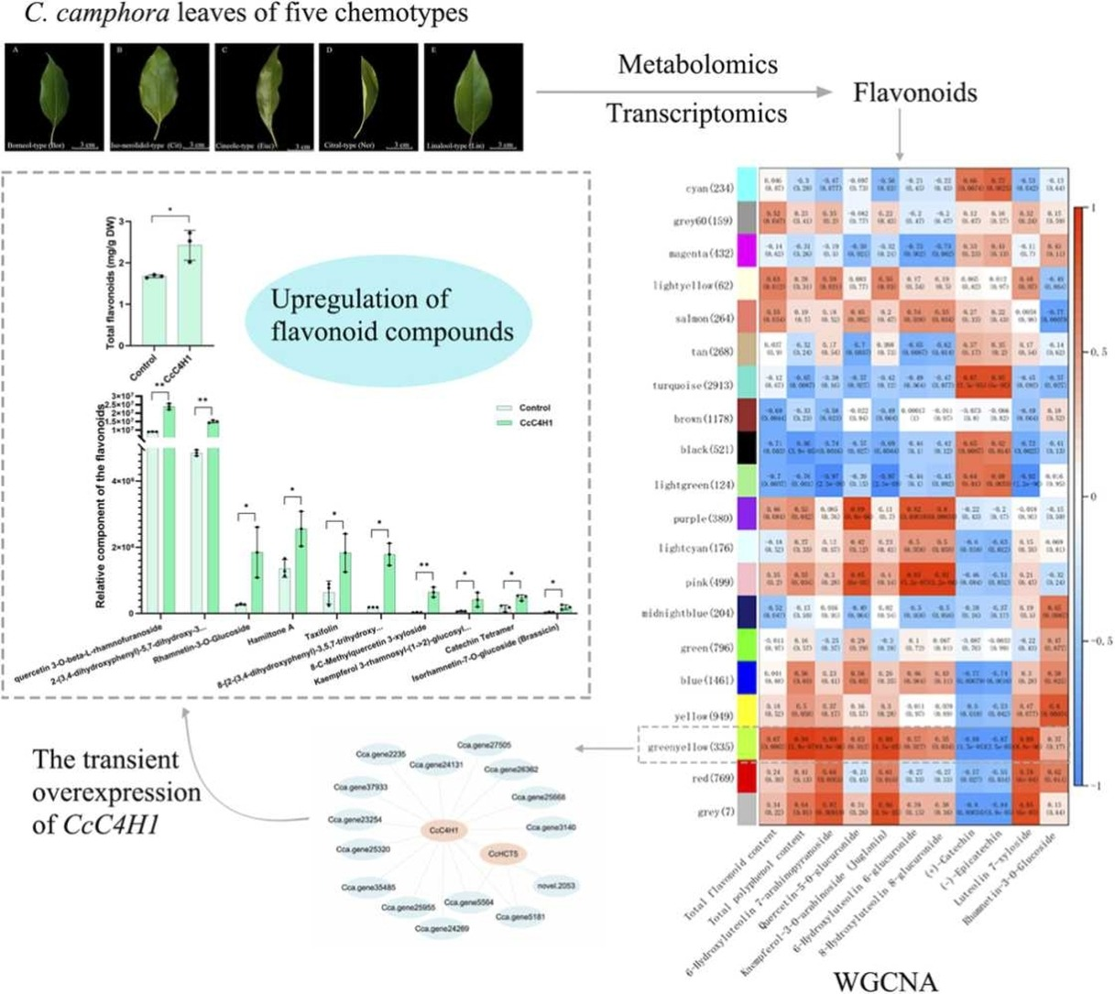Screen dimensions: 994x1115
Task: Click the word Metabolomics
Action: (x=697, y=65)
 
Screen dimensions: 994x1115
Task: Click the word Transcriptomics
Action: (x=697, y=113)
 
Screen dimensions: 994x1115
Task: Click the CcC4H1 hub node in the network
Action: (x=444, y=831)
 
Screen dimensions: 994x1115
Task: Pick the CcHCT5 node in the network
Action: (x=503, y=854)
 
